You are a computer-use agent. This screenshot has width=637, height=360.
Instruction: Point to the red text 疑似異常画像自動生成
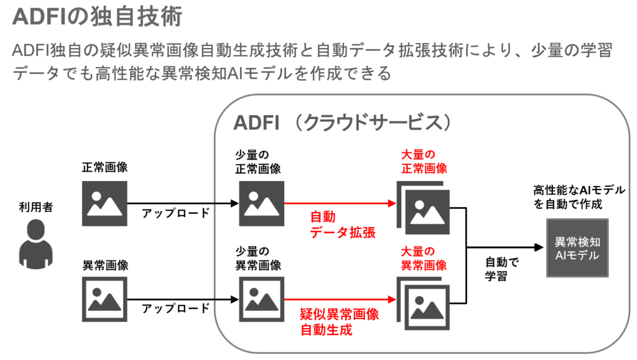pyautogui.click(x=339, y=322)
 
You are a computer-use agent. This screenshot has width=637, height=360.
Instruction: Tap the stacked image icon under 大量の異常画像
pyautogui.click(x=422, y=302)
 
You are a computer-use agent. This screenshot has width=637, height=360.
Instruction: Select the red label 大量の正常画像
pyautogui.click(x=424, y=160)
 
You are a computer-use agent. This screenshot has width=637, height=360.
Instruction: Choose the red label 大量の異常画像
pyautogui.click(x=424, y=258)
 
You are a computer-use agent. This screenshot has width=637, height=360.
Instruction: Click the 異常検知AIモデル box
pyautogui.click(x=577, y=248)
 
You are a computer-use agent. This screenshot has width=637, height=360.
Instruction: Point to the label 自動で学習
pyautogui.click(x=501, y=269)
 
